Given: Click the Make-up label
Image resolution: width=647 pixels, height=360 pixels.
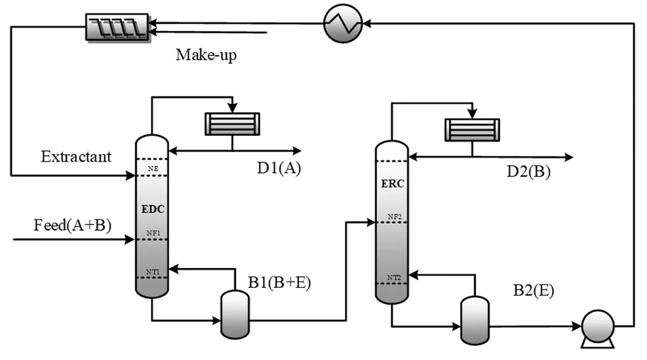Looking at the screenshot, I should [206, 55].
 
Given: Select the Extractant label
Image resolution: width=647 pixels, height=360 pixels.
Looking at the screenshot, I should [76, 156].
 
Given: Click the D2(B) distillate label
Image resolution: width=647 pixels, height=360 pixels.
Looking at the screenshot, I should [529, 172].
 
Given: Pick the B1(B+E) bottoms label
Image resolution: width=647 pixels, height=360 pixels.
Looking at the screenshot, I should [278, 283].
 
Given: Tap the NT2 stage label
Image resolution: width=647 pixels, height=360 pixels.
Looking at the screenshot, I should [393, 279].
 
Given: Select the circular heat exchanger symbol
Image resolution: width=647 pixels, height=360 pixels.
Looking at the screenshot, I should [343, 23].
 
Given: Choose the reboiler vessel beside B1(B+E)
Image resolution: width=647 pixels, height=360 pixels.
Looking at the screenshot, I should [235, 314].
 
